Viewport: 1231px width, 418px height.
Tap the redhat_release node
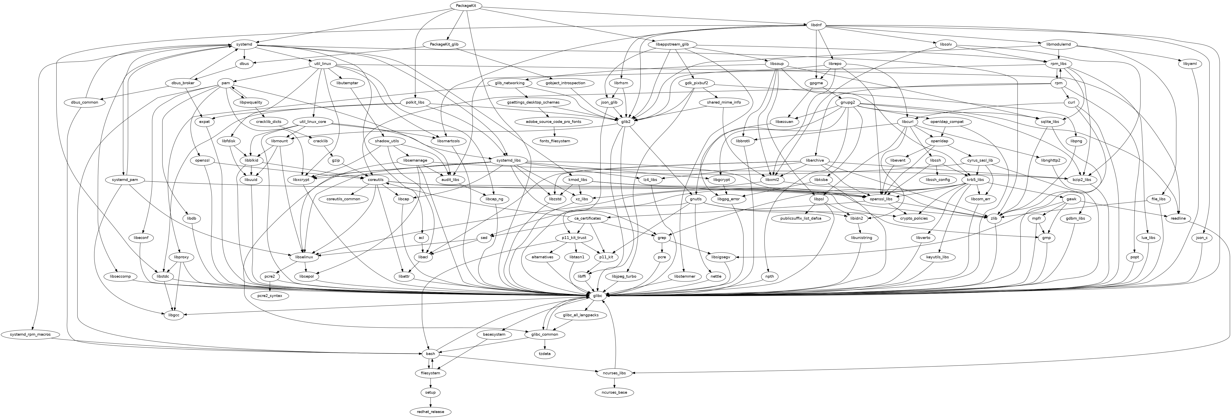coord(431,411)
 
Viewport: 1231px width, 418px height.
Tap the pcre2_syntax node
coord(270,296)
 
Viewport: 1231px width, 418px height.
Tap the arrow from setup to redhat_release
coord(431,402)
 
